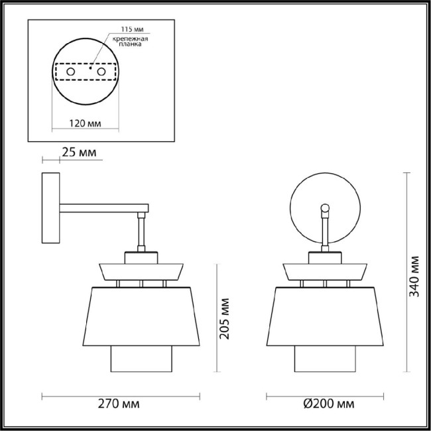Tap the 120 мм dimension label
tap(84, 123)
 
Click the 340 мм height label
tap(414, 275)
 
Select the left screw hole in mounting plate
tap(70, 70)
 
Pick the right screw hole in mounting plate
tap(101, 70)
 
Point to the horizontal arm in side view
tap(103, 208)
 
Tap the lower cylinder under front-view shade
tap(325, 361)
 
